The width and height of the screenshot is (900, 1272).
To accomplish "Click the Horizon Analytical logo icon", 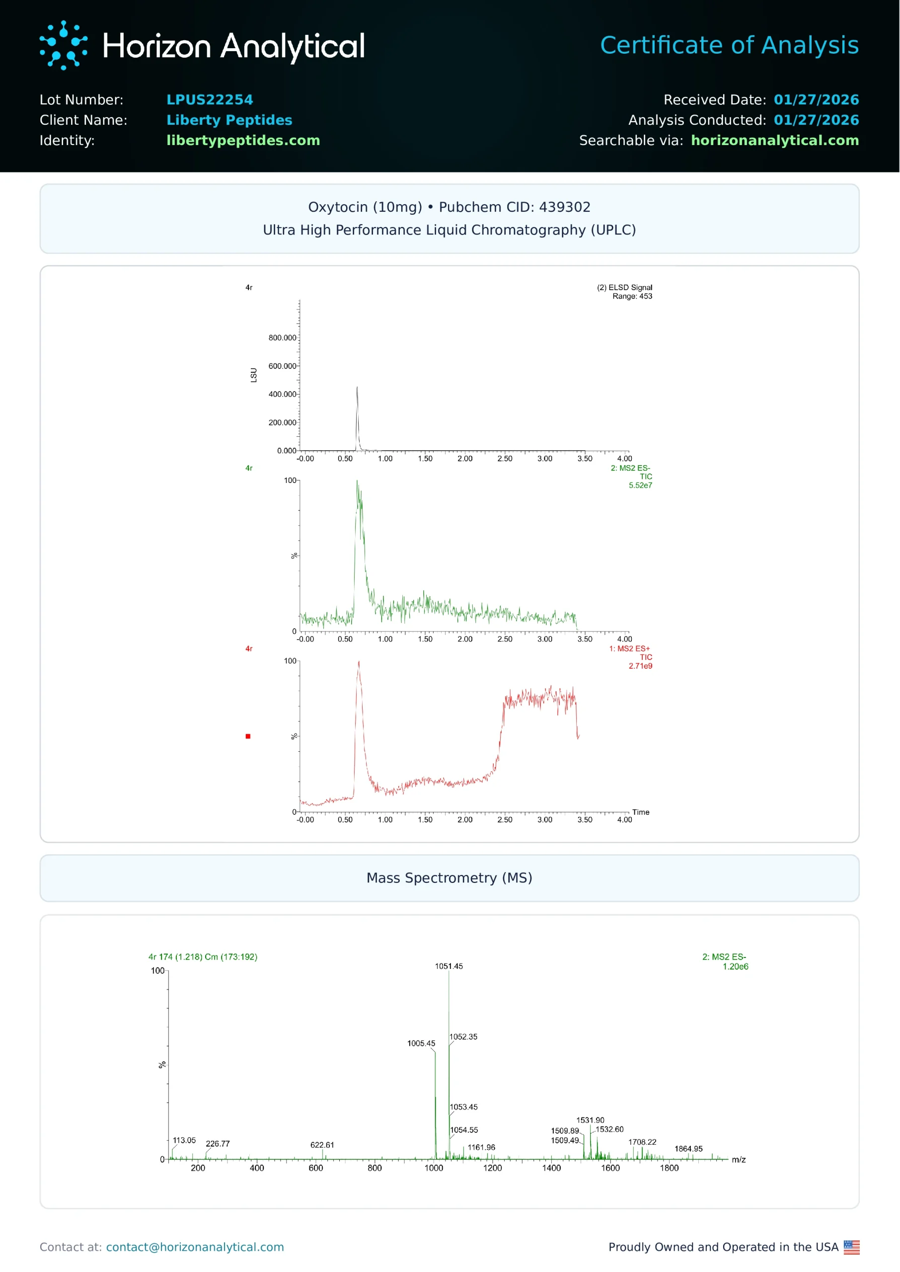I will click(63, 45).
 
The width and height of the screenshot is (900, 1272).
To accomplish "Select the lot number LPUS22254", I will click(210, 100).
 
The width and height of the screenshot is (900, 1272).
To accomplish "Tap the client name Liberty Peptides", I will click(229, 120).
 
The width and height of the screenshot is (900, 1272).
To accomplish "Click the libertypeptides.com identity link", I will click(243, 141).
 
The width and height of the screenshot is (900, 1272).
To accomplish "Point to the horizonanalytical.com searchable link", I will click(774, 141).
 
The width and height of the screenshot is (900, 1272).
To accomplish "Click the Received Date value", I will click(816, 100).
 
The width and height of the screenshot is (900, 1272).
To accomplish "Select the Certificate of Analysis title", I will click(729, 45).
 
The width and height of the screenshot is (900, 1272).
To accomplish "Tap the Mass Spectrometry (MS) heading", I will click(449, 878).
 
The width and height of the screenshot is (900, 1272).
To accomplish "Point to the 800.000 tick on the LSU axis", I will click(282, 337).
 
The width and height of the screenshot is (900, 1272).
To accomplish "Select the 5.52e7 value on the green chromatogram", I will click(640, 485).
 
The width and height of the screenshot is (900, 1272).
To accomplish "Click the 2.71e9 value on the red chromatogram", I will click(640, 666).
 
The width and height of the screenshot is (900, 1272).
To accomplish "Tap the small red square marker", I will click(248, 736).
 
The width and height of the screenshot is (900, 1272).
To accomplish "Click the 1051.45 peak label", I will click(449, 966).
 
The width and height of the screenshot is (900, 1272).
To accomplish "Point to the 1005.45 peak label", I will click(421, 1043).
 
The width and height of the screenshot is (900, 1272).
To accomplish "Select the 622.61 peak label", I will click(322, 1145).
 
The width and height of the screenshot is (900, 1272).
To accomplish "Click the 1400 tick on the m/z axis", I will click(551, 1168).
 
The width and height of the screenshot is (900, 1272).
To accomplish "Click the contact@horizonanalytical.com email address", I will click(195, 1247).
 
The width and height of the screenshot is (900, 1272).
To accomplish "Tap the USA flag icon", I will click(851, 1247).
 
